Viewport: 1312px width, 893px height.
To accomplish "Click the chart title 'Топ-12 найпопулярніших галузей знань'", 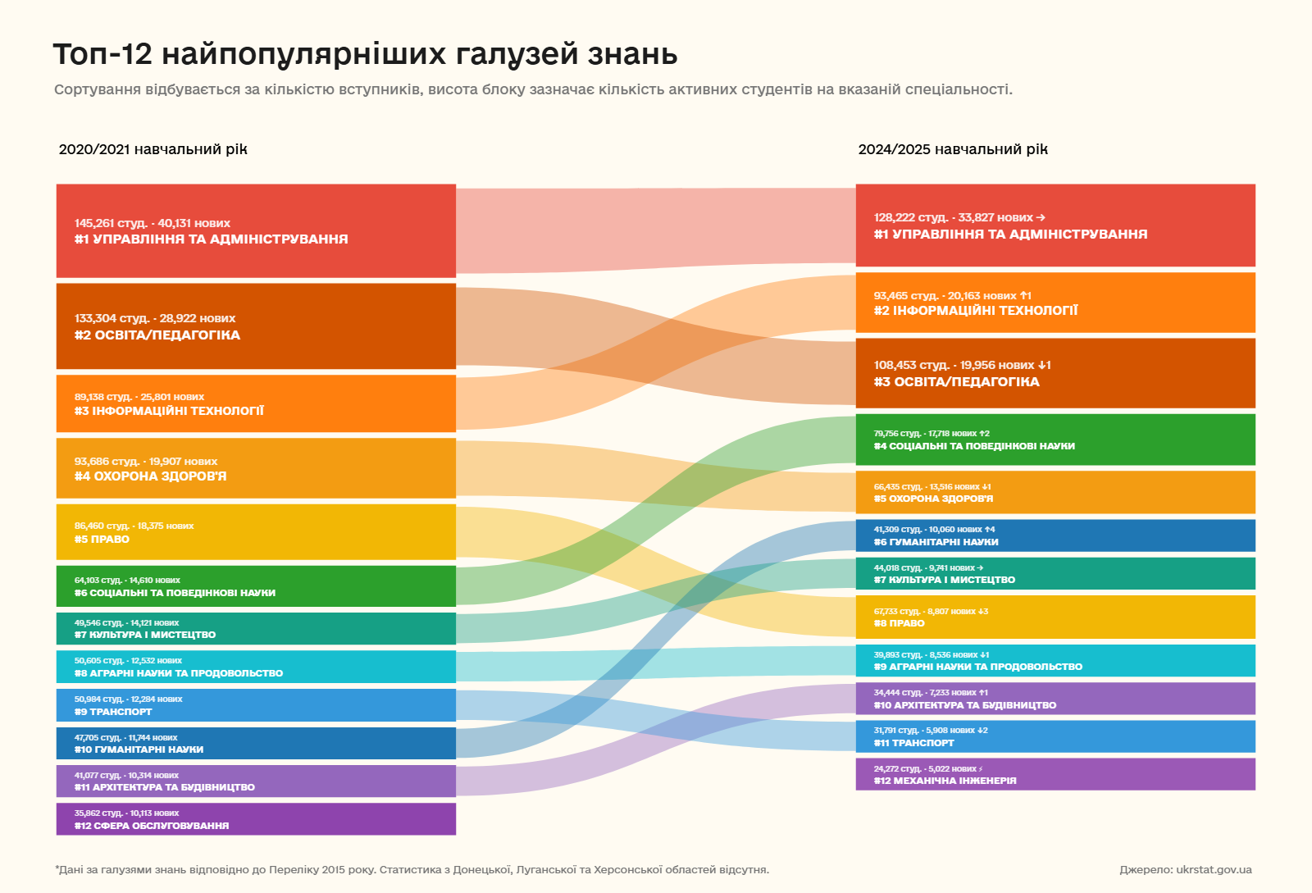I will coord(365,54).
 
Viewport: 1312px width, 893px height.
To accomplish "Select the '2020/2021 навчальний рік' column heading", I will coord(153,149).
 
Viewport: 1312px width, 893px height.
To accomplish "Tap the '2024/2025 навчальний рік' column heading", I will coord(953,149).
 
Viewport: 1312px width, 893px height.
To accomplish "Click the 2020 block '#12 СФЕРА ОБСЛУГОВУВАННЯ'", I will coord(256,819).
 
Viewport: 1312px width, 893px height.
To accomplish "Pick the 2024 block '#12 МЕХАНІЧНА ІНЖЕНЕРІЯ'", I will coord(1055,774).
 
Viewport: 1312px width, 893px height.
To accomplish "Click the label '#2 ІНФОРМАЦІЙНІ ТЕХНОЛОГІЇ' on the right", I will coord(976,311).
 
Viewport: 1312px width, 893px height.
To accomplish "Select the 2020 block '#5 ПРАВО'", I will coord(256,532).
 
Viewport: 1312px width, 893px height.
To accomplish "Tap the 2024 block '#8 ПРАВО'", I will coord(1055,617).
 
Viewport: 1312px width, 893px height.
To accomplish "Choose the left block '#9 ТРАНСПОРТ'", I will coord(256,705).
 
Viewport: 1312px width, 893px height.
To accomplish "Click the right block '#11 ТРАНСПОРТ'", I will coord(1055,736).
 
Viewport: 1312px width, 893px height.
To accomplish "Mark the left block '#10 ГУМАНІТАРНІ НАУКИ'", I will coord(256,743).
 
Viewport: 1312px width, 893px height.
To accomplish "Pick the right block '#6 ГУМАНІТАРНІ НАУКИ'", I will coord(1055,535).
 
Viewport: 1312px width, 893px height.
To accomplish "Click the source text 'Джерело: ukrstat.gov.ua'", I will coord(1185,869).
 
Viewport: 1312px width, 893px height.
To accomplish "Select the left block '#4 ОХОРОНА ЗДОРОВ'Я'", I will coord(256,468).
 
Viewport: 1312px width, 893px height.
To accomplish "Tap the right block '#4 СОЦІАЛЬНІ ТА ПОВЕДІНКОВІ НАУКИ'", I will coord(1055,440).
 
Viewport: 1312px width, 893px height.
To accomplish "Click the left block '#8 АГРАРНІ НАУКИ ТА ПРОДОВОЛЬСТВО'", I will coord(256,667).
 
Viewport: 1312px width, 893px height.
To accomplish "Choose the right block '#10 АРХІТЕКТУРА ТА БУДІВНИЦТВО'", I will coord(1055,699).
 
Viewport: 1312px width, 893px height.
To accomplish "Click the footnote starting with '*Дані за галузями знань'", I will coord(412,869).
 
